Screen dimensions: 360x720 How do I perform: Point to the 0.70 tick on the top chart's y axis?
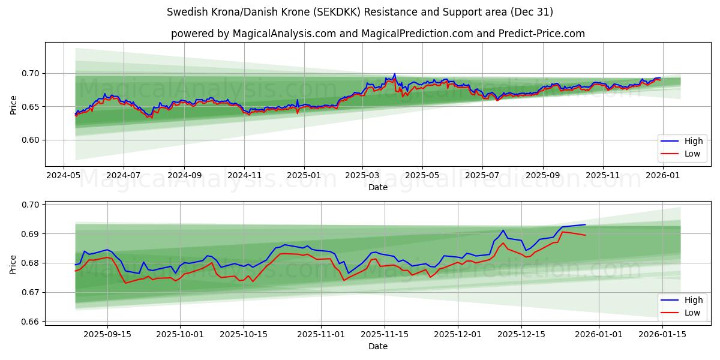(31, 73)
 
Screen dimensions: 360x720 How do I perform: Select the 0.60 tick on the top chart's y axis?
(31, 140)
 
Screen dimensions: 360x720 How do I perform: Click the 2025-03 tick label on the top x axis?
(362, 176)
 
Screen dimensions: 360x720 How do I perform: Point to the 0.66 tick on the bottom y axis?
(31, 322)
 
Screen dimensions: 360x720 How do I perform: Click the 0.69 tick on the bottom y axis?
(31, 233)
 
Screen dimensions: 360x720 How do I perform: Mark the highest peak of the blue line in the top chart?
(394, 74)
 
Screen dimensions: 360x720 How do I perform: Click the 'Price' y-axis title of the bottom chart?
(13, 264)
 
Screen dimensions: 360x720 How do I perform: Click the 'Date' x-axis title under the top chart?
(377, 187)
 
